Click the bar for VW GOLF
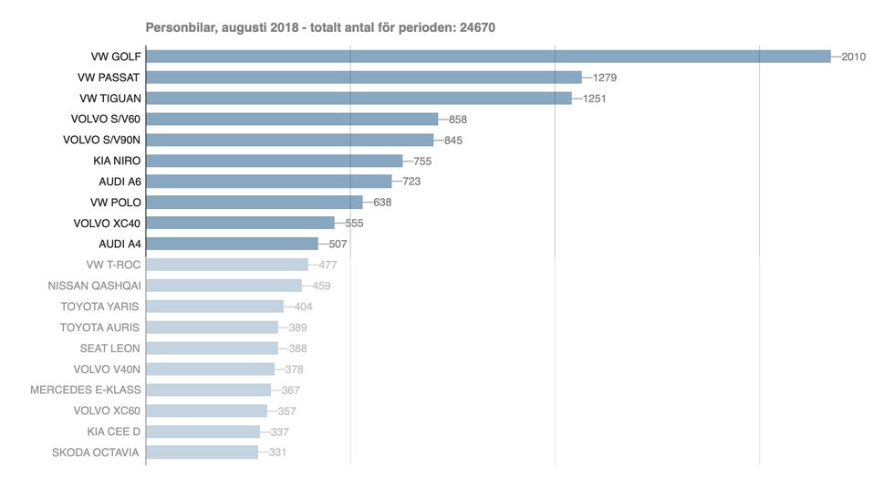point(488,57)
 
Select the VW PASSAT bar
point(363,78)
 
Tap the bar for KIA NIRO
point(274,161)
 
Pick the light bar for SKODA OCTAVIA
point(202,452)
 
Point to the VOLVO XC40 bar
point(240,223)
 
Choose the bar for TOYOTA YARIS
point(214,307)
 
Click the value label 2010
point(853,57)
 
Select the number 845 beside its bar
point(454,140)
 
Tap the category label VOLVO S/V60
point(106,119)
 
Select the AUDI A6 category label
point(120,182)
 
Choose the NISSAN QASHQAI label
point(94,286)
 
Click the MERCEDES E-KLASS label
point(86,390)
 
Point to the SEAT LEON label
point(109,348)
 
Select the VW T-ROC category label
point(113,265)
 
